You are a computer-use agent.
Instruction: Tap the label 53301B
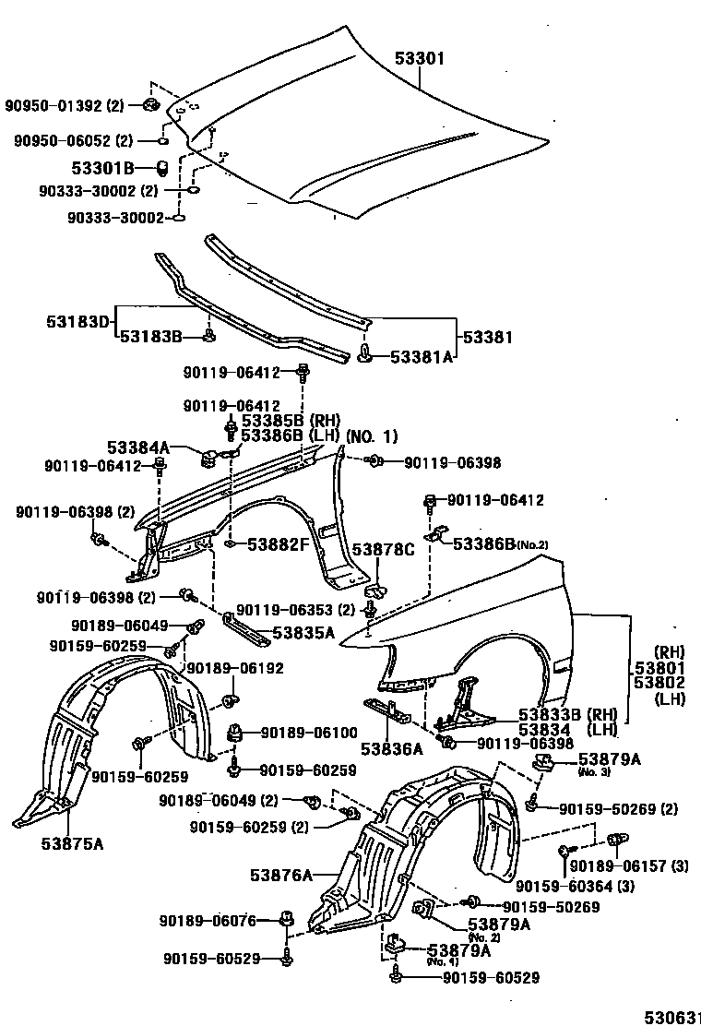(x=103, y=167)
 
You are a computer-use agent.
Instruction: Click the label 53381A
(x=422, y=356)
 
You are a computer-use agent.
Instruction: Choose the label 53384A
(x=138, y=447)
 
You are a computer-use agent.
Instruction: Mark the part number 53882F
(x=278, y=544)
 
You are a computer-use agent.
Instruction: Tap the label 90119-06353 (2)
(x=295, y=609)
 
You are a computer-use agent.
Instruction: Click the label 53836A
(x=390, y=747)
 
